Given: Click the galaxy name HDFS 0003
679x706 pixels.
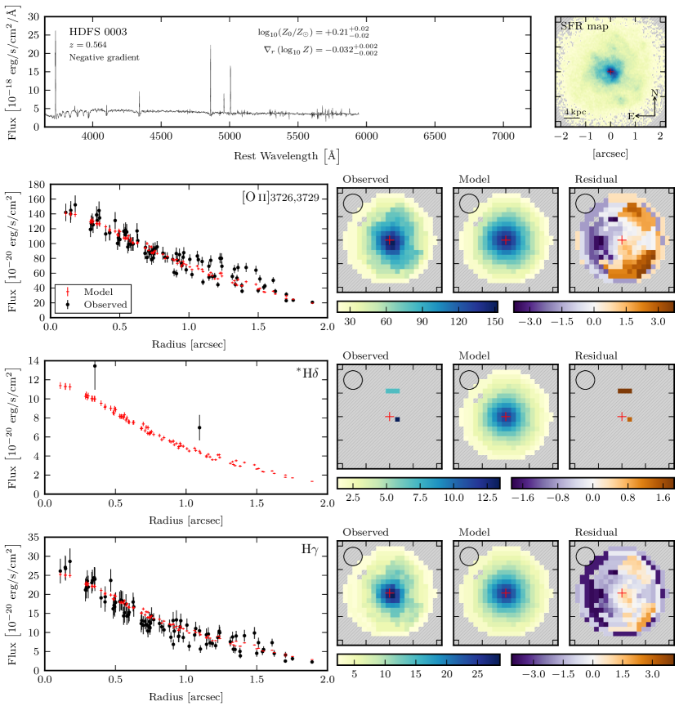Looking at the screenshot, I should click(x=99, y=32).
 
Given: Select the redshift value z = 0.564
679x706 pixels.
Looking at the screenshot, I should click(x=87, y=45).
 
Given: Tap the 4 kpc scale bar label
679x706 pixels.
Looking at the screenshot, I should click(x=575, y=109).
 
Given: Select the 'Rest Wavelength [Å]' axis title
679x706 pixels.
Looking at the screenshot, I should click(x=286, y=154).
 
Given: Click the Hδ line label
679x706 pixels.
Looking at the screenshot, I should click(x=309, y=374).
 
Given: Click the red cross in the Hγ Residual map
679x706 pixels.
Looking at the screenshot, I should click(x=622, y=593).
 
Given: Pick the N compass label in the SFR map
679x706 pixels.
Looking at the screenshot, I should click(x=655, y=93).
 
